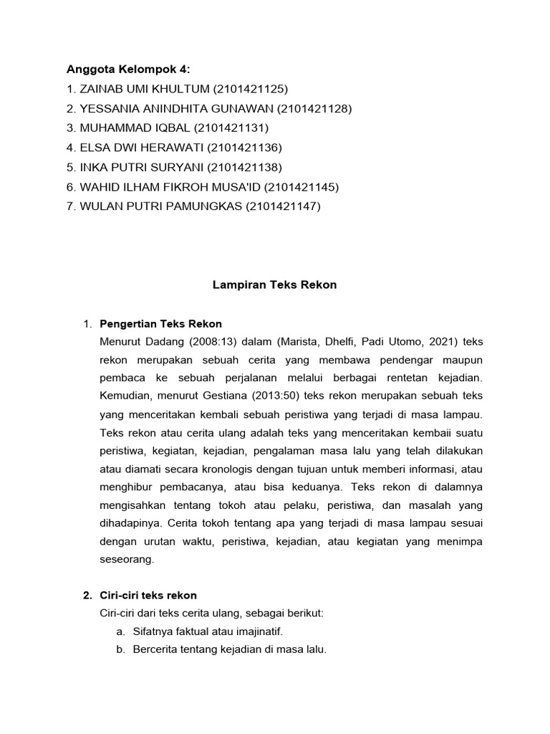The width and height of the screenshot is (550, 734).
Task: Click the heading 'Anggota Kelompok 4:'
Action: (129, 70)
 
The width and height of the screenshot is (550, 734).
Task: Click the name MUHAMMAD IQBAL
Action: (126, 128)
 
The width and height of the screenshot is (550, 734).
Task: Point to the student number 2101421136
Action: (245, 148)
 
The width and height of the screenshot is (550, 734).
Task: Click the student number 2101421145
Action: (301, 187)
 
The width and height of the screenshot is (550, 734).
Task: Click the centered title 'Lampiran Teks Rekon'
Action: (275, 285)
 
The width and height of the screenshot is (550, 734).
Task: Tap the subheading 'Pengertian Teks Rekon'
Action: (160, 324)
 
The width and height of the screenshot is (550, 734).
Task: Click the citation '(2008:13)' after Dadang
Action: (206, 339)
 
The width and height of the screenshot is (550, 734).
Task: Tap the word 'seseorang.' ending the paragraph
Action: (127, 561)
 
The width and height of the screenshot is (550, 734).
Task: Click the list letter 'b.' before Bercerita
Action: (119, 650)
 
